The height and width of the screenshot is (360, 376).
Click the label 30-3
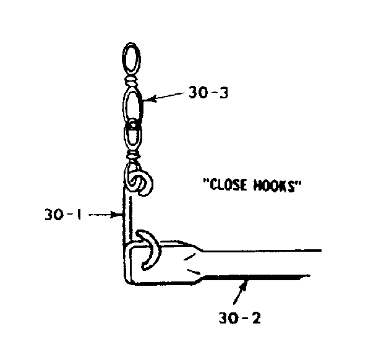coord(208,93)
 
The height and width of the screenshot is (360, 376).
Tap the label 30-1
coord(63,214)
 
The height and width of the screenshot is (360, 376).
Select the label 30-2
coord(239,318)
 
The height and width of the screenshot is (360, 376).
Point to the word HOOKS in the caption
coord(273,186)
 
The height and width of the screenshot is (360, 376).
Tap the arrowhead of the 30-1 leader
coord(117,214)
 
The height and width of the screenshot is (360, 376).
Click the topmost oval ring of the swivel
coord(131,58)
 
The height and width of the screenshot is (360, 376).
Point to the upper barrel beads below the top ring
coord(131,82)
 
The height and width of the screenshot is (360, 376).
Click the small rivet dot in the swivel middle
coord(132,125)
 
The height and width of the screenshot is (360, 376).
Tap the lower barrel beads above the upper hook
coord(132,155)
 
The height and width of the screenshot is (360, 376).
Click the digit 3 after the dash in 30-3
coord(223,93)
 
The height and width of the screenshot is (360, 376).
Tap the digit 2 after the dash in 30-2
coord(255,318)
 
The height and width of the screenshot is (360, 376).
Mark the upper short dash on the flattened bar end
coord(189,257)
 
